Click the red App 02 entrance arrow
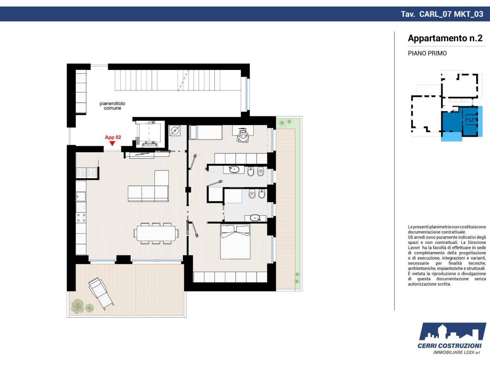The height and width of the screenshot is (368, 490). pyautogui.click(x=112, y=143)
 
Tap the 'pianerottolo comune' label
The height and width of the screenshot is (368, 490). pyautogui.click(x=112, y=106)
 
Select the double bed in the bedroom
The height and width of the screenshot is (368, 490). pyautogui.click(x=235, y=241)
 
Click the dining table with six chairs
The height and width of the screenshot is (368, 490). pyautogui.click(x=156, y=233)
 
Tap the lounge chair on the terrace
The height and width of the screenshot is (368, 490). pyautogui.click(x=100, y=293)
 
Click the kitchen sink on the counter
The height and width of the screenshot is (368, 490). pyautogui.click(x=81, y=197)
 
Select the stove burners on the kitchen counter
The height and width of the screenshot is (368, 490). pyautogui.click(x=81, y=218)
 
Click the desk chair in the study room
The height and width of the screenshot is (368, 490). pyautogui.click(x=243, y=136)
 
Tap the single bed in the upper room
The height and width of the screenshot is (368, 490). pyautogui.click(x=206, y=132)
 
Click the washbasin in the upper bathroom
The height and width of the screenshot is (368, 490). pyautogui.click(x=234, y=170)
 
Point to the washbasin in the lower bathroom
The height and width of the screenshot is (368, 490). pyautogui.click(x=255, y=218)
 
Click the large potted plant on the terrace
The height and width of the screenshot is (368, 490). pyautogui.click(x=78, y=306)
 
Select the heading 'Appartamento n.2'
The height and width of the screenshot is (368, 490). pyautogui.click(x=445, y=38)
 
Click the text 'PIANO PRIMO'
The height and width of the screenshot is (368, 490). pyautogui.click(x=427, y=53)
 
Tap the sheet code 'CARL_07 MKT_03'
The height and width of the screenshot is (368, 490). pyautogui.click(x=451, y=14)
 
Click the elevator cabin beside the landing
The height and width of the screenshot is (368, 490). pyautogui.click(x=149, y=134)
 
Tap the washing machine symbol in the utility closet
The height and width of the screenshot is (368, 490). pyautogui.click(x=175, y=130)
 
